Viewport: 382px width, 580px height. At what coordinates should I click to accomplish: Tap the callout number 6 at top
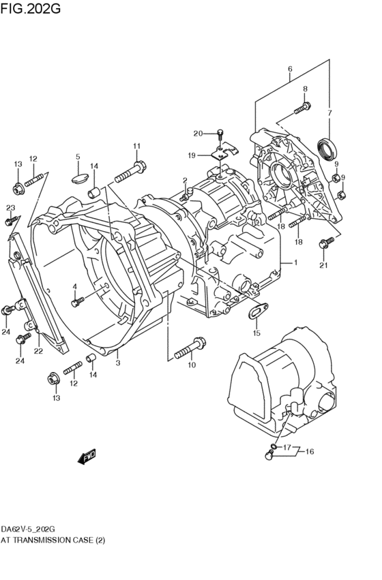point(290,69)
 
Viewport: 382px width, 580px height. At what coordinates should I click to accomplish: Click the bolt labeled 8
point(302,107)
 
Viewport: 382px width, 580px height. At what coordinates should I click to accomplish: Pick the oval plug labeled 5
point(78,179)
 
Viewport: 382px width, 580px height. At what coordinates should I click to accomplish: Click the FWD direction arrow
point(87,457)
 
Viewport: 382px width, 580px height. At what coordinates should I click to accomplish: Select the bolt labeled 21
point(325,242)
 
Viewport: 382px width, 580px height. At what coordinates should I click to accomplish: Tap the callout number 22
point(38,351)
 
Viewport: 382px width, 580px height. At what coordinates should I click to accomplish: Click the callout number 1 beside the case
point(295,262)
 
